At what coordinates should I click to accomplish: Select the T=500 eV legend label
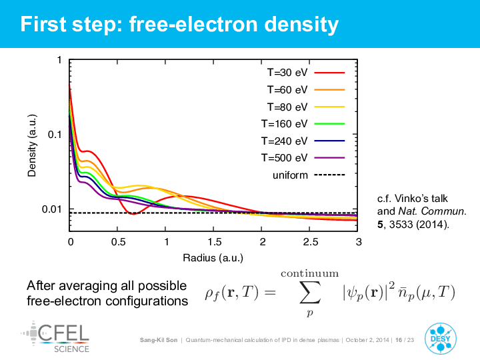284,157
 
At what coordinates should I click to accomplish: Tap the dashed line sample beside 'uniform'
330,175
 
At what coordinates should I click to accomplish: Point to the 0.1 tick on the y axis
55,134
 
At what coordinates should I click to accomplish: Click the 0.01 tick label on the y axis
52,209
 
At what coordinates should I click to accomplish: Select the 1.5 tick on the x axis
214,242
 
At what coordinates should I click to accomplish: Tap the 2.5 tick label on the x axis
311,242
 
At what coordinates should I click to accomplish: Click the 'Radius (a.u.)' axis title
213,258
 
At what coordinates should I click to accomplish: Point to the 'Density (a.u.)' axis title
32,146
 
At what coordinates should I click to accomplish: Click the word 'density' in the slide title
301,24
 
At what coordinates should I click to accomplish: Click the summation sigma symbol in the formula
310,293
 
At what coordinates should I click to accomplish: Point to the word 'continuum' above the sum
310,273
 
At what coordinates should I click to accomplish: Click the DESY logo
440,339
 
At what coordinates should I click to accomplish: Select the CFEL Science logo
56,337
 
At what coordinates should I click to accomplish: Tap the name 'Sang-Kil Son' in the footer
159,340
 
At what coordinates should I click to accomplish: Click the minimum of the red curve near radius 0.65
133,214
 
